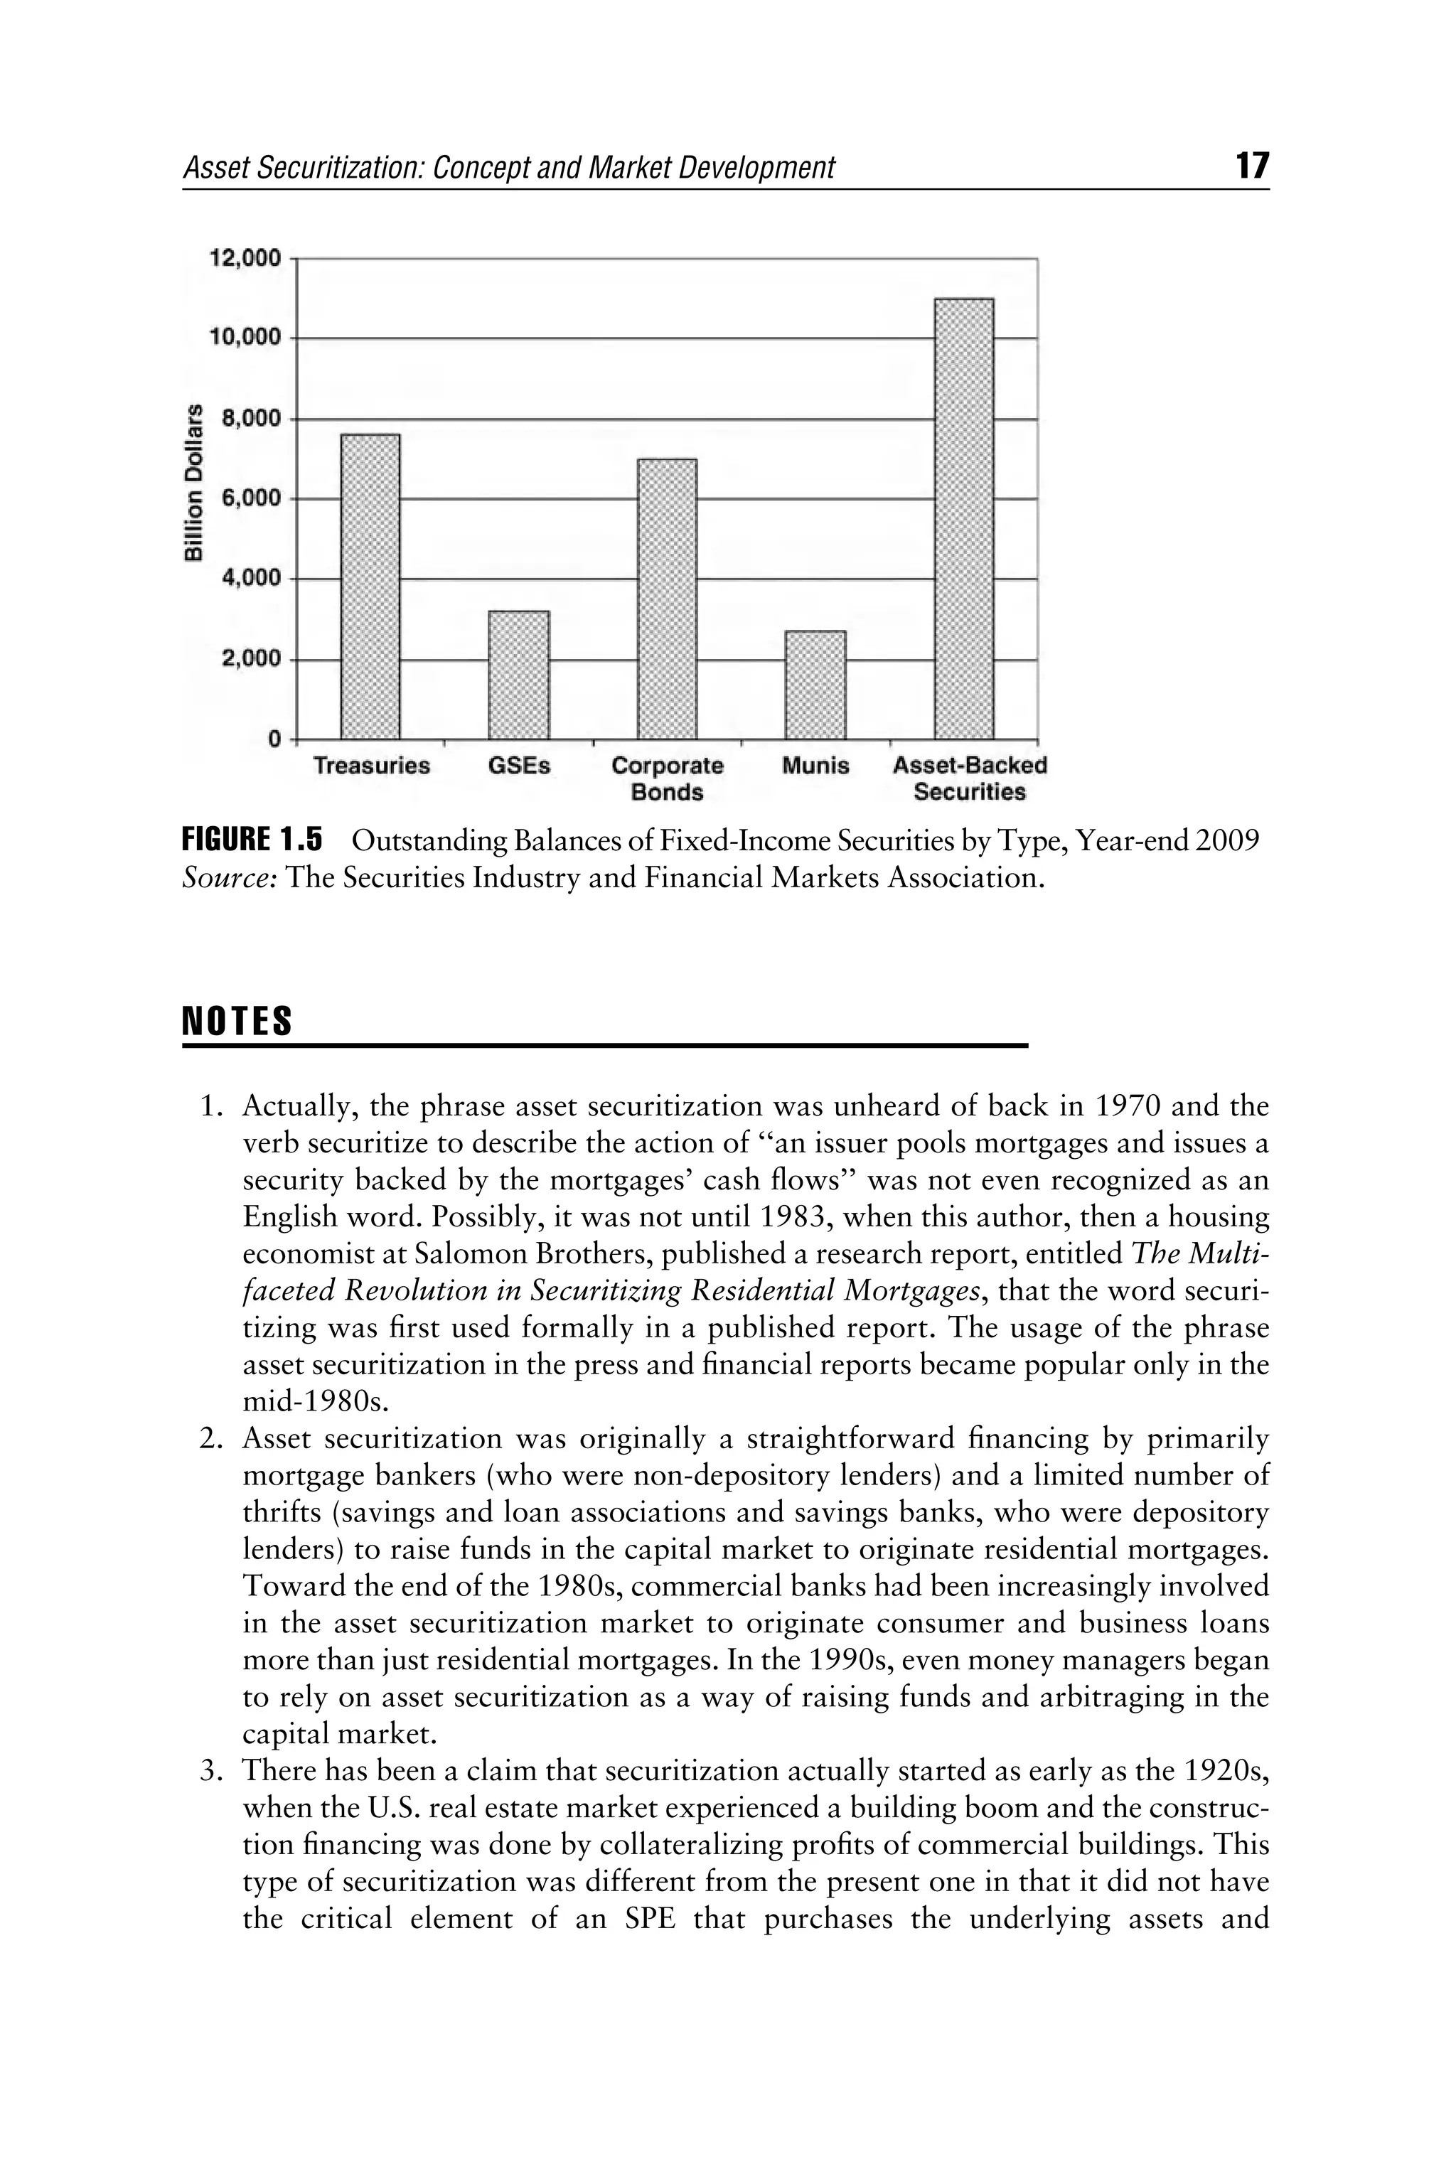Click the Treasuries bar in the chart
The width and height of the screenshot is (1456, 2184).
370,586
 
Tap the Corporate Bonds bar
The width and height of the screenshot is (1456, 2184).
667,599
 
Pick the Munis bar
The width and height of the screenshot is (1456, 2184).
815,685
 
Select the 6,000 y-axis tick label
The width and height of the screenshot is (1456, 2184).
250,498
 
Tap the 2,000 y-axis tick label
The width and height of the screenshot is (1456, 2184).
250,659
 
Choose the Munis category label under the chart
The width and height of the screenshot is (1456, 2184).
815,766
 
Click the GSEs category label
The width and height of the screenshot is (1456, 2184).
519,766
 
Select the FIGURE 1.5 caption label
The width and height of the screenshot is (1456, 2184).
252,840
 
